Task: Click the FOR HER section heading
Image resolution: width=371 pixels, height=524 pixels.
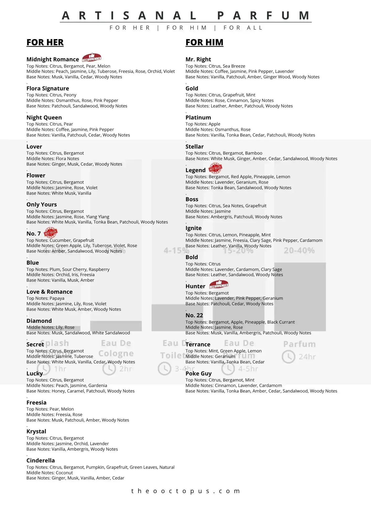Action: [45, 42]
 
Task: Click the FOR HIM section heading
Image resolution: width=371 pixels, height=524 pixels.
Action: [204, 42]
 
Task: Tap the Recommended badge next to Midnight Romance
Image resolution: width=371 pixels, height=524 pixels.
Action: [92, 57]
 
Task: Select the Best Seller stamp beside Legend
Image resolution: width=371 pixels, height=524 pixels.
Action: [215, 168]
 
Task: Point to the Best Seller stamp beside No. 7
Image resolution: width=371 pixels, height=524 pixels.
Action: [50, 232]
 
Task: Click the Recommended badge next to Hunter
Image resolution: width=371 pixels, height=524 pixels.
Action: [219, 284]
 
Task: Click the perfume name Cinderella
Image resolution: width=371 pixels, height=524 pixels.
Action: [40, 460]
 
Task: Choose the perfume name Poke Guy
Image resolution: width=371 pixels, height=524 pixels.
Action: [198, 373]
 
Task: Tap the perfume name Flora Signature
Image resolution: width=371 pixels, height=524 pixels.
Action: [47, 88]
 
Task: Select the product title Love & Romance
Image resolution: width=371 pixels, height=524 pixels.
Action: [49, 292]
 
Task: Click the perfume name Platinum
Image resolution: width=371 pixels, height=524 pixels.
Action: [198, 117]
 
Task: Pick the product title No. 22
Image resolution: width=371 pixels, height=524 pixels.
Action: [194, 315]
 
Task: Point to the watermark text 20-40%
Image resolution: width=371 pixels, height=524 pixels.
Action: [299, 250]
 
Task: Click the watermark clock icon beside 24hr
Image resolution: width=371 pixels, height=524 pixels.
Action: [288, 357]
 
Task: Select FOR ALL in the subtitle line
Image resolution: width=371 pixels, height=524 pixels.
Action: [243, 28]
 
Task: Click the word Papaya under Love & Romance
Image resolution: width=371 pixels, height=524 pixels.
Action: [57, 298]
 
